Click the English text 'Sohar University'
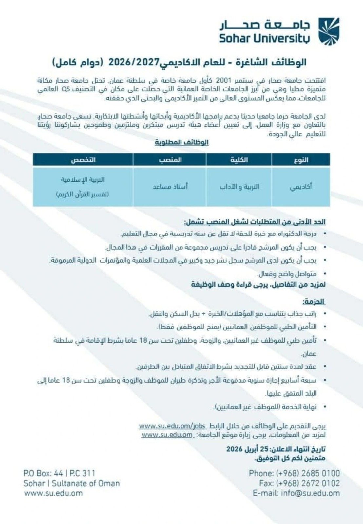[x=264, y=38]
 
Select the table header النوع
[x=301, y=160]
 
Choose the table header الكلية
[x=239, y=160]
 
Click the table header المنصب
[x=170, y=160]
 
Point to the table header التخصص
[x=83, y=160]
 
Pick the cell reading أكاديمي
[x=301, y=187]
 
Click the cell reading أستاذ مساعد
[x=170, y=187]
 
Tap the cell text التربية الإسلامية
[x=83, y=180]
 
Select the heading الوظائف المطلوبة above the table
[x=182, y=142]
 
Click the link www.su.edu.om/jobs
[x=172, y=426]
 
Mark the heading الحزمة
[x=314, y=302]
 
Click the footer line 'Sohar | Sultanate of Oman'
[x=71, y=483]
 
